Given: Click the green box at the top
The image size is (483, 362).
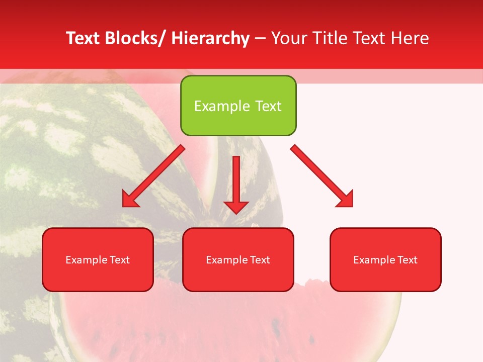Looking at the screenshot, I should point(238,106).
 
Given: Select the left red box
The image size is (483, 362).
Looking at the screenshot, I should point(98,259).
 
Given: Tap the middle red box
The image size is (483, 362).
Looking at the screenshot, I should point(238,259).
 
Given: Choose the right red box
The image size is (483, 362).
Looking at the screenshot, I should point(385,259).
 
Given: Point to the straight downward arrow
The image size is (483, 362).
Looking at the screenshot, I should point(236,184).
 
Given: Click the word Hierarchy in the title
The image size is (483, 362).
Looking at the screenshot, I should point(210,38).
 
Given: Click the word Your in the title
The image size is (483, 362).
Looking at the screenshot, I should point(289,38).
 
